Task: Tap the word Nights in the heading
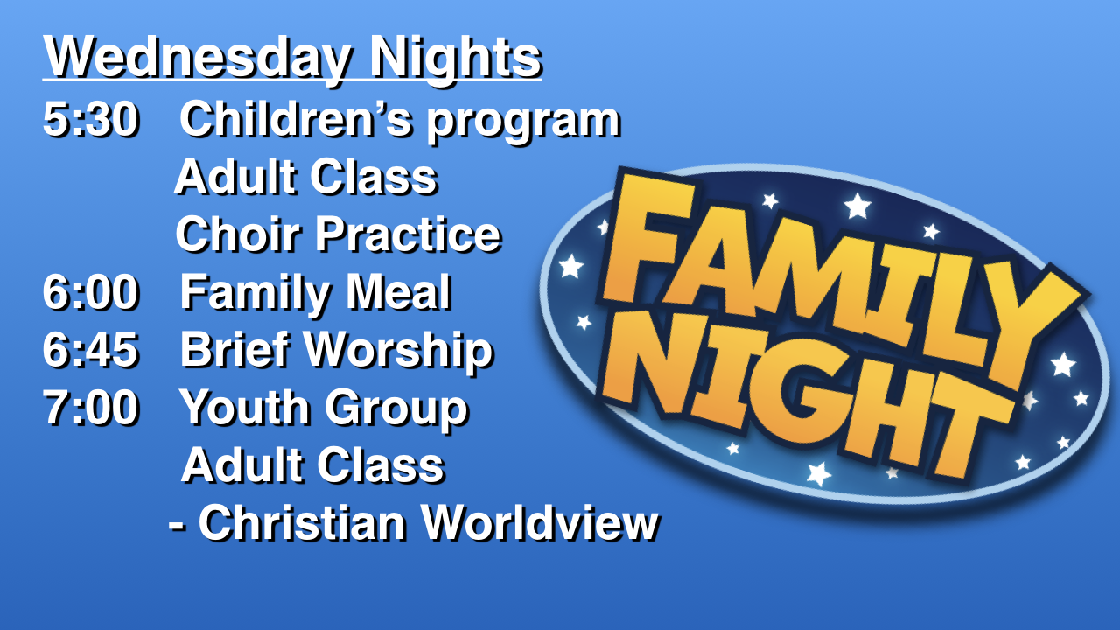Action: pyautogui.click(x=456, y=58)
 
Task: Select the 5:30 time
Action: pyautogui.click(x=90, y=119)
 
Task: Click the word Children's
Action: pyautogui.click(x=296, y=119)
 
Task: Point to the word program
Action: pyautogui.click(x=523, y=124)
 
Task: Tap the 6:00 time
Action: pyautogui.click(x=90, y=292)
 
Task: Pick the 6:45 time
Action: pyautogui.click(x=90, y=349)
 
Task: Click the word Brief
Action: pyautogui.click(x=235, y=349)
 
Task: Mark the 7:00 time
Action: pyautogui.click(x=90, y=408)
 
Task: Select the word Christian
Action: pyautogui.click(x=302, y=522)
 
